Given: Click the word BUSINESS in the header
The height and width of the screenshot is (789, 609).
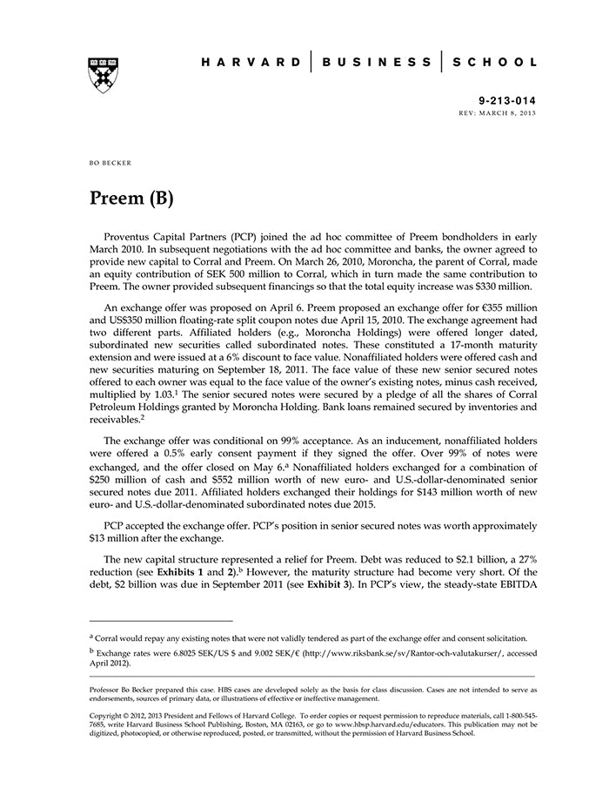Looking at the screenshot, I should (377, 63).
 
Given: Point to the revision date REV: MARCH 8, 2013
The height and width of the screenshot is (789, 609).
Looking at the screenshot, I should (497, 114).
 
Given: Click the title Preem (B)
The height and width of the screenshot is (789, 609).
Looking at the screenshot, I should (131, 198).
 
